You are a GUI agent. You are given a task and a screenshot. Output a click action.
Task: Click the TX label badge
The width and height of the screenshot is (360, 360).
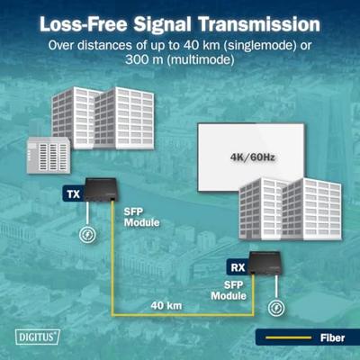click(73, 193)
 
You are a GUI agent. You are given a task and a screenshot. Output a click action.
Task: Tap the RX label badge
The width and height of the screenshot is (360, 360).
click(238, 267)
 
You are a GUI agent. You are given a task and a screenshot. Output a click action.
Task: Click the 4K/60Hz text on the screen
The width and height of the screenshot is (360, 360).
click(252, 157)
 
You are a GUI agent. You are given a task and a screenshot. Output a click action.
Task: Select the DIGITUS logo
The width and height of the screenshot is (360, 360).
click(38, 337)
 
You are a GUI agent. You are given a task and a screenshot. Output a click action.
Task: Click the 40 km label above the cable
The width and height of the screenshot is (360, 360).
click(166, 306)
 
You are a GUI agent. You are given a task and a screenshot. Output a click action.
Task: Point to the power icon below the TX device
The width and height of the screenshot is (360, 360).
click(87, 234)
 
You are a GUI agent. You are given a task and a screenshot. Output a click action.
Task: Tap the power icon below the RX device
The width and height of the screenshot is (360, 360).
click(276, 308)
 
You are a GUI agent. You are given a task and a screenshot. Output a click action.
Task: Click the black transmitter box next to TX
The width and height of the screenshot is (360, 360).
click(101, 190)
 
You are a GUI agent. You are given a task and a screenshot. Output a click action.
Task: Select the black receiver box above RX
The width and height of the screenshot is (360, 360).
click(265, 263)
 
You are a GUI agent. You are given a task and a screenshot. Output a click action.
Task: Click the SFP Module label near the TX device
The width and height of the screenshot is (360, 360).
click(141, 218)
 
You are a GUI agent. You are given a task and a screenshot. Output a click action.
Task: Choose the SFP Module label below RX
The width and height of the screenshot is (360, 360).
click(229, 291)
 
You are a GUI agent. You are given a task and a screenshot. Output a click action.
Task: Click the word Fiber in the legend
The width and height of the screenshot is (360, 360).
click(332, 338)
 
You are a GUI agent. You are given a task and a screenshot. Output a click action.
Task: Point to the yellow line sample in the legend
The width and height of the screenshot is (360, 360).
click(288, 337)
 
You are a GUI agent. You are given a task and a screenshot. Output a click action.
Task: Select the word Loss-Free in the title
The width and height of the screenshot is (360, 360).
click(84, 24)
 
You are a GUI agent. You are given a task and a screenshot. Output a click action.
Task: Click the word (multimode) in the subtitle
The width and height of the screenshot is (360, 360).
click(201, 59)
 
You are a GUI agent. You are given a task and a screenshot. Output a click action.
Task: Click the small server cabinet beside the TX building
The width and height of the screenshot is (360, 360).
click(49, 155)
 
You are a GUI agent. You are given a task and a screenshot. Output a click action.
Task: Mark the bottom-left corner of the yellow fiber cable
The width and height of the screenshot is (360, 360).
click(112, 315)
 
